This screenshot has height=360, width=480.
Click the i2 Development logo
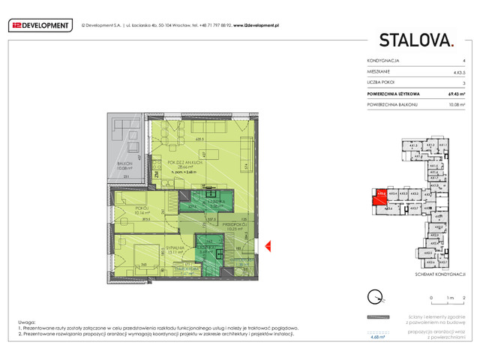click(41, 25)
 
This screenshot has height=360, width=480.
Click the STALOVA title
click(416, 40)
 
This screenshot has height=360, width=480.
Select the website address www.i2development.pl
click(252, 25)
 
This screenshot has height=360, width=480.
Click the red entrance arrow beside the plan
click(266, 245)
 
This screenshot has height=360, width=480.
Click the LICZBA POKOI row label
click(381, 82)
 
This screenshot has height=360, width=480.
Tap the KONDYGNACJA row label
click(382, 59)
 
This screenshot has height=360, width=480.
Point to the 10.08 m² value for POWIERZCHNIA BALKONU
click(458, 106)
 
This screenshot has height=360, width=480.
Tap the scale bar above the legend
click(448, 304)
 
